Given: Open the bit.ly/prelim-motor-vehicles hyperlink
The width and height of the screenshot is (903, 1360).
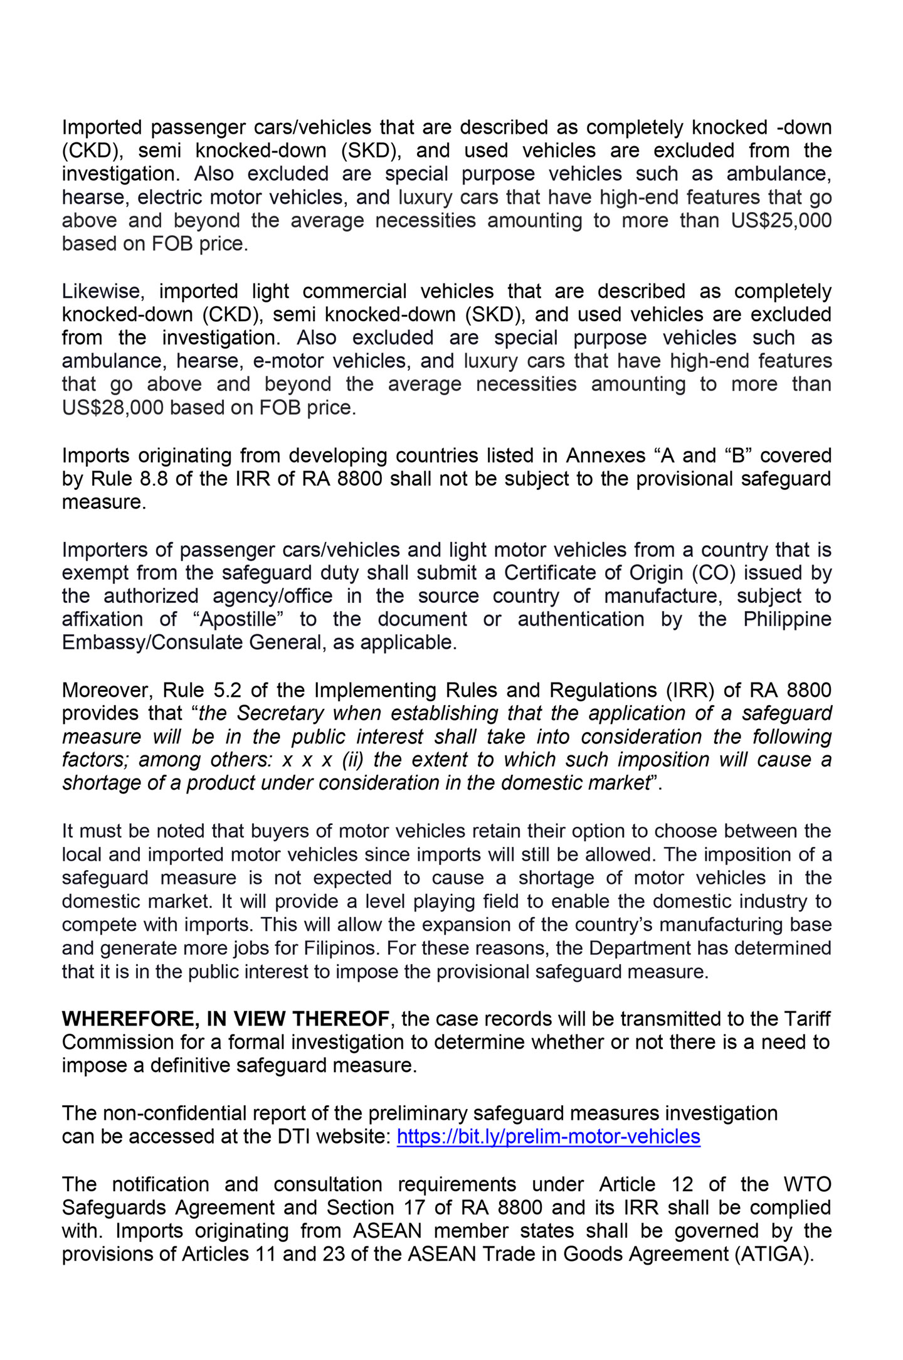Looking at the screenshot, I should point(548,1137).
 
